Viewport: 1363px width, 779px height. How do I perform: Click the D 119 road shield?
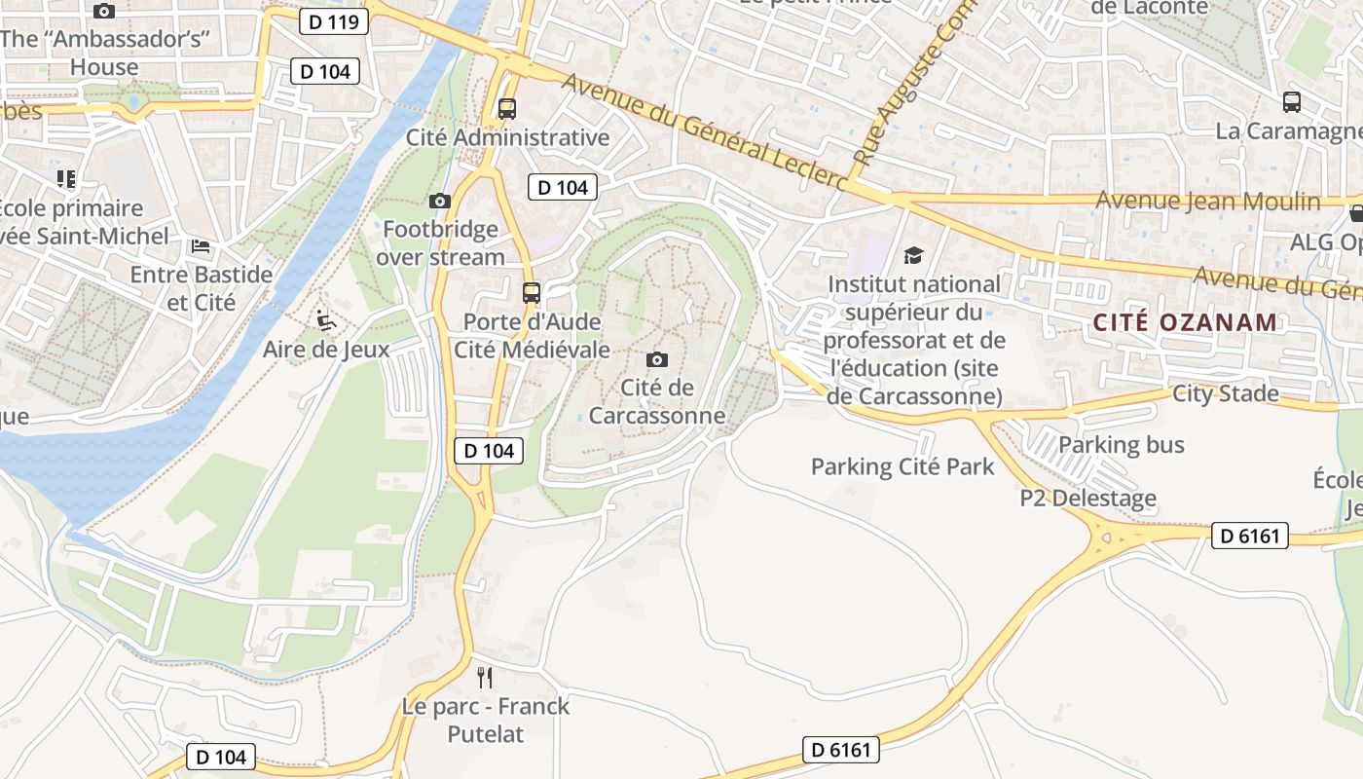[333, 21]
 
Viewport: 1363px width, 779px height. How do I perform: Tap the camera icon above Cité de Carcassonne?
[657, 360]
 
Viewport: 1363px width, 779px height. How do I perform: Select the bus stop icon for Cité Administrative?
[506, 109]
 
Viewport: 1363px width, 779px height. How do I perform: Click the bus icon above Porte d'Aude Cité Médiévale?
[531, 292]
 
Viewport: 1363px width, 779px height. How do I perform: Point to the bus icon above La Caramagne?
[1291, 102]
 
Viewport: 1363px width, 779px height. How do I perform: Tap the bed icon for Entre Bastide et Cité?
[201, 246]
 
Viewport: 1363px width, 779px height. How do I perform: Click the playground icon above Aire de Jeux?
[326, 320]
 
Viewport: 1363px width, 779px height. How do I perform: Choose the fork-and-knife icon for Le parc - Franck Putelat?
[485, 677]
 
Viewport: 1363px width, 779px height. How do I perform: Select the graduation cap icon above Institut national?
[913, 255]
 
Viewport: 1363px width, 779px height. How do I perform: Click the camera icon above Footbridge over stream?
[440, 202]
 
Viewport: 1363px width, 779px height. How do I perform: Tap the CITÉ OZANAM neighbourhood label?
[1184, 322]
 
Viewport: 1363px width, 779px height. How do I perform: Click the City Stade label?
[1225, 393]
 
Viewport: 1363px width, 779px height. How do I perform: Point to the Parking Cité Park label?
[903, 466]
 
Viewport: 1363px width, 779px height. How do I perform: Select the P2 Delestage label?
[1087, 499]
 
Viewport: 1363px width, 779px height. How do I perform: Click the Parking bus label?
[1121, 445]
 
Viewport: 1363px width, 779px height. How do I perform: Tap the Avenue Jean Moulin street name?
[1207, 202]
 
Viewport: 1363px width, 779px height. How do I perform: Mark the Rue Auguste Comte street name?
[903, 93]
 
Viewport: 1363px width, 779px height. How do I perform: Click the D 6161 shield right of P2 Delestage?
[1249, 536]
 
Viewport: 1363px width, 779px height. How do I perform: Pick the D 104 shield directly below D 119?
[325, 71]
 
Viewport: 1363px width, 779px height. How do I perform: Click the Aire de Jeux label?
[326, 350]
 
